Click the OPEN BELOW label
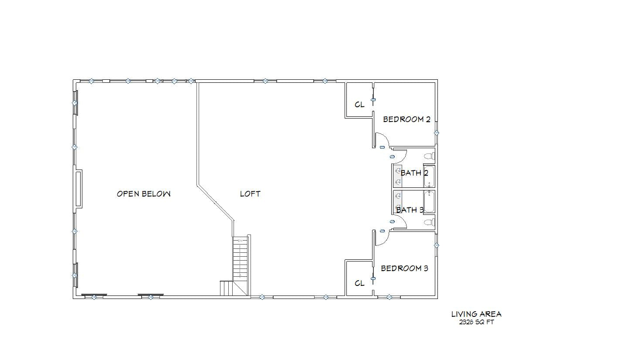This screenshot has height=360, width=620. tap(144, 194)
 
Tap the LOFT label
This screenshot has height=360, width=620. tap(250, 194)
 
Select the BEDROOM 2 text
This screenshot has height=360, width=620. tap(407, 119)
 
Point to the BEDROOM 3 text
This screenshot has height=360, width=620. tap(404, 268)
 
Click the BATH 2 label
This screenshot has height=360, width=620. tap(414, 173)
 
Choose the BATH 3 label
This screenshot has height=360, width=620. tap(410, 210)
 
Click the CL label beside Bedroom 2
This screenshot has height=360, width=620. tap(359, 105)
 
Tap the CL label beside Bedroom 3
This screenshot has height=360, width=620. tap(359, 283)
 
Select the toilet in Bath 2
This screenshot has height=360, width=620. tap(430, 156)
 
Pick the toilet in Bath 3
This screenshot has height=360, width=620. tap(430, 222)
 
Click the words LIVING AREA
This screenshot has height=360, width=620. tap(476, 314)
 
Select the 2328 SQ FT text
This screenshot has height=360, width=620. tap(476, 322)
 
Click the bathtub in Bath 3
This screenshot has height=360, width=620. tap(429, 202)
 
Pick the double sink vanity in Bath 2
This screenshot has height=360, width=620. tap(398, 176)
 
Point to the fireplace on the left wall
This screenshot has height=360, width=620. tap(78, 189)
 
